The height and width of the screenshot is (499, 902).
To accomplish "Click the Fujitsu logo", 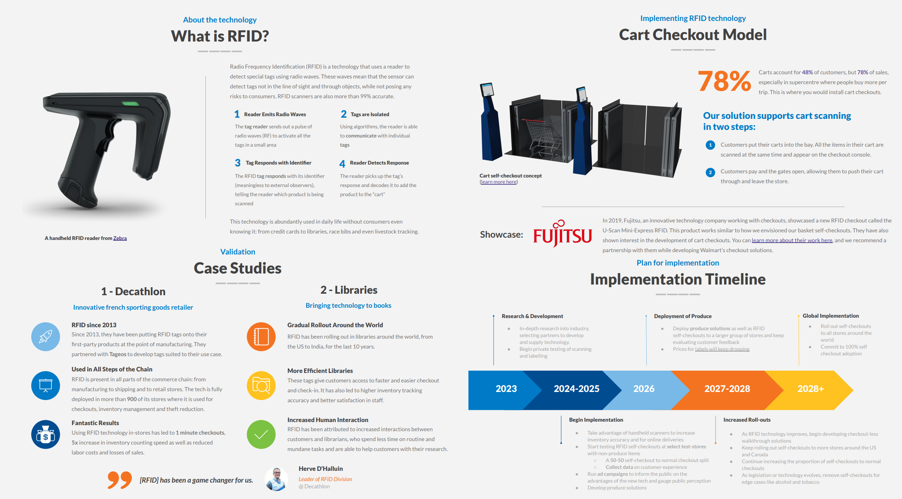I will coord(562,233).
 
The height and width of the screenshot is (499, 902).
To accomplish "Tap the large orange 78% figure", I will coord(724,82).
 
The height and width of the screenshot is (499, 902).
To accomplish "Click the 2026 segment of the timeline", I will coord(644,389).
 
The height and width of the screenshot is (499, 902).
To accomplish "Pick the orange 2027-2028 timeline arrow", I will coord(727,389).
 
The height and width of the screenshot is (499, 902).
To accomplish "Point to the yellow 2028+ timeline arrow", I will coord(811,389).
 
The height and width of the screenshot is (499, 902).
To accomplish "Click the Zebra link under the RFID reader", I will coord(120,238).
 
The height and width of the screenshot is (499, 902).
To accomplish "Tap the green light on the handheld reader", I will coord(130,103).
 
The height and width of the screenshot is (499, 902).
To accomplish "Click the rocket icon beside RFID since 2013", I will coord(46,337).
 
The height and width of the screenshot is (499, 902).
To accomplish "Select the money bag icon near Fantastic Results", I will coord(46,435).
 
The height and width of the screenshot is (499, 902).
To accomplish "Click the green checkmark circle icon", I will coord(261,435).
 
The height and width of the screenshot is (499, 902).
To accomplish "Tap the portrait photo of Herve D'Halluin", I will coord(276,479).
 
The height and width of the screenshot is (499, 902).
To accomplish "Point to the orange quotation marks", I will coord(120,480).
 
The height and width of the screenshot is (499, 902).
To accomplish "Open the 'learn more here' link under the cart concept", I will coord(498,182).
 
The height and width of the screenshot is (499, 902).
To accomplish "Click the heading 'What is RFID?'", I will coord(220,36).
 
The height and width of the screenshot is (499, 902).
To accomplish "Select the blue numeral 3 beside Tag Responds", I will coord(237,163).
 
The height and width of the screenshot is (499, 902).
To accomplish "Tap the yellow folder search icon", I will coord(261,385).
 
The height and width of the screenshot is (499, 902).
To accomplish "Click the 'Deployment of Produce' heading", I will coord(683,316).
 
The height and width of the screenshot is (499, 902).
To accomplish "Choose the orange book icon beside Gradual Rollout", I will coord(261,337).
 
